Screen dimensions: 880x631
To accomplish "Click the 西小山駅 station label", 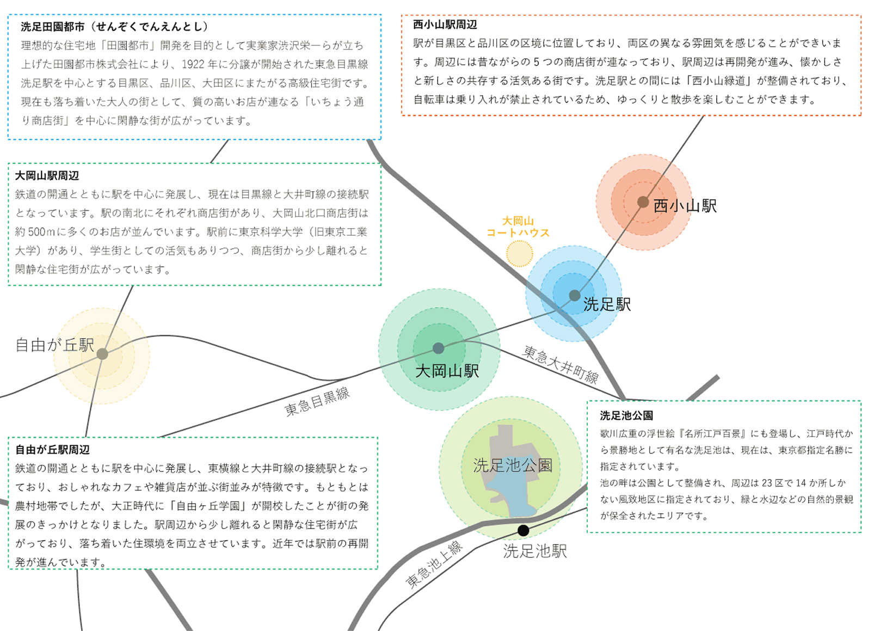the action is pyautogui.click(x=685, y=206).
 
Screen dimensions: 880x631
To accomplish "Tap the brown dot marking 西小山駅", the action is pyautogui.click(x=643, y=202).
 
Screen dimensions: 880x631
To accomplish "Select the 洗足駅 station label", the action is pyautogui.click(x=607, y=304).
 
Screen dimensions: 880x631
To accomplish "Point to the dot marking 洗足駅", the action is pyautogui.click(x=574, y=296).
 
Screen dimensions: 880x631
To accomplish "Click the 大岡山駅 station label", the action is pyautogui.click(x=447, y=371).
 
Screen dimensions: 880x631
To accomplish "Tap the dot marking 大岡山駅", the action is pyautogui.click(x=439, y=348).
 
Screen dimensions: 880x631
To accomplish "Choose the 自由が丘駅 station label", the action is pyautogui.click(x=54, y=345).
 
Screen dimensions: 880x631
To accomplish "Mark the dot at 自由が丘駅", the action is pyautogui.click(x=102, y=354).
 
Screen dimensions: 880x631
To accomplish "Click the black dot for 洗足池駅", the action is pyautogui.click(x=523, y=530).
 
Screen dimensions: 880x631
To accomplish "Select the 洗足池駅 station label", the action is pyautogui.click(x=534, y=551).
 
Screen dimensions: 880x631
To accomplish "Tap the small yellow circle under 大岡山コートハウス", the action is pyautogui.click(x=519, y=253).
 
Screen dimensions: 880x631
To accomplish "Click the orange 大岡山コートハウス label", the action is pyautogui.click(x=518, y=227).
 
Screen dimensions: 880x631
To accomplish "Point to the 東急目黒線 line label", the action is pyautogui.click(x=317, y=402).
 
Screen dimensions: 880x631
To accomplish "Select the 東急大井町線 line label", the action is pyautogui.click(x=560, y=364).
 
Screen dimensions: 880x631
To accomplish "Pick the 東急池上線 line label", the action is pyautogui.click(x=434, y=565).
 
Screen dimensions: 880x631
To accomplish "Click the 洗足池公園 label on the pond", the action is pyautogui.click(x=513, y=465).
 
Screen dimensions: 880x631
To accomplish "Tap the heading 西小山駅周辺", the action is pyautogui.click(x=445, y=24).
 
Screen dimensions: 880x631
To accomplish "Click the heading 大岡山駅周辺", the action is pyautogui.click(x=47, y=176).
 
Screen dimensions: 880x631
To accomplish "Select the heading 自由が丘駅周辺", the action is pyautogui.click(x=53, y=450).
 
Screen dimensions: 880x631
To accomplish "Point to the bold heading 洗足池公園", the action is pyautogui.click(x=626, y=415).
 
